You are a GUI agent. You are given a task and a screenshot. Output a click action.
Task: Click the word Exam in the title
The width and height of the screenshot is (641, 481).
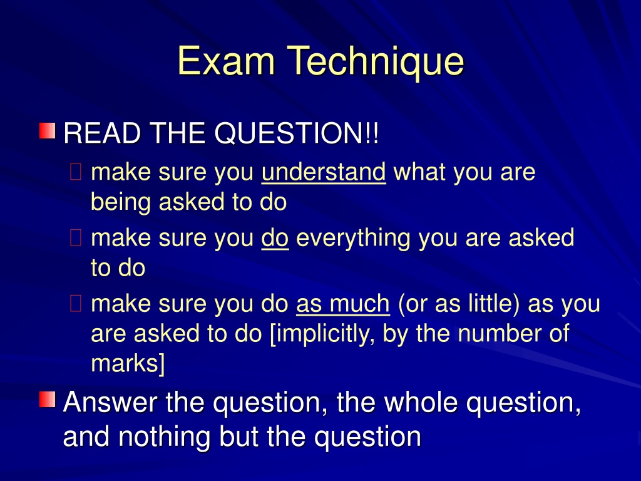point(225,61)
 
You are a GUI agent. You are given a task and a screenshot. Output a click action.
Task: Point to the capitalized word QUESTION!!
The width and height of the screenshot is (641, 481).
point(297,133)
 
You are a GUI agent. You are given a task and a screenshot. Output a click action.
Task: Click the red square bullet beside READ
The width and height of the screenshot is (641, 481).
point(47,130)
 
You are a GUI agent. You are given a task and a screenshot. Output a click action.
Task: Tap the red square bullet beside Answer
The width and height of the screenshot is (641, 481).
point(47,400)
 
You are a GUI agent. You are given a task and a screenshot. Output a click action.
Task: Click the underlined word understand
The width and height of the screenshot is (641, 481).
point(324,172)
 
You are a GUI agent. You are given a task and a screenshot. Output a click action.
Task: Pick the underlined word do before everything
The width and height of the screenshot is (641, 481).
point(275,238)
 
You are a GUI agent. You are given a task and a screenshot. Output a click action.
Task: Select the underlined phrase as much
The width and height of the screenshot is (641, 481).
point(343,304)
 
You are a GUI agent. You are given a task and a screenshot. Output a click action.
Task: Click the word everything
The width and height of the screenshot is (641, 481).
point(353,239)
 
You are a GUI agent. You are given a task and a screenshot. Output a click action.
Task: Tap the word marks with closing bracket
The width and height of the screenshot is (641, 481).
point(128,364)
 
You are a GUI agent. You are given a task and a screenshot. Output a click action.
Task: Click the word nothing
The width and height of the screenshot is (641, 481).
point(165,437)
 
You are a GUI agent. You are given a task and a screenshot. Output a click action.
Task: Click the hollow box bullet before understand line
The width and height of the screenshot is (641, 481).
point(76,172)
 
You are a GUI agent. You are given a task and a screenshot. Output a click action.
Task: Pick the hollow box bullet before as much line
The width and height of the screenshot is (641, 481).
point(76,304)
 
